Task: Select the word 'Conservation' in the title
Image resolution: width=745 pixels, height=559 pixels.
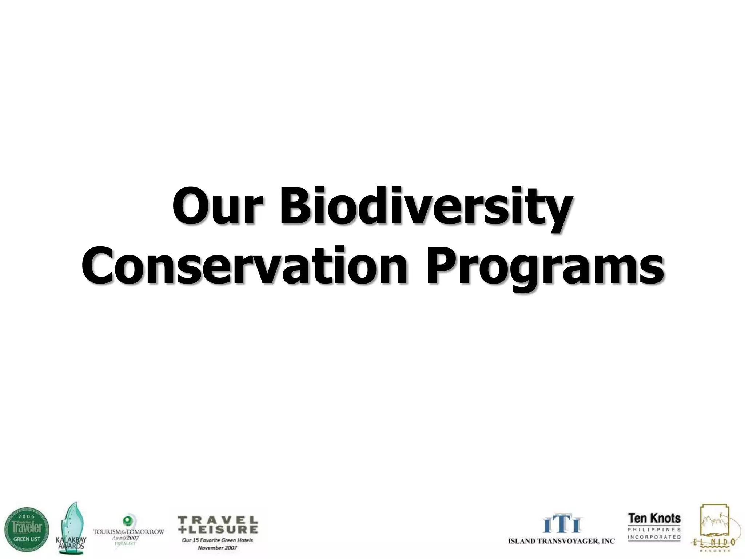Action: (244, 266)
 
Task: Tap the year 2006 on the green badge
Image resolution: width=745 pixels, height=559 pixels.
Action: (27, 516)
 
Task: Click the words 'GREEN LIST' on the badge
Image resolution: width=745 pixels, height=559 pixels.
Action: (27, 539)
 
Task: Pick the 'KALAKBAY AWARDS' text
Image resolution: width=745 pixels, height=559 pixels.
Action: (71, 543)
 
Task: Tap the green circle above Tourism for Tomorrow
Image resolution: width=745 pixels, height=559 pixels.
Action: (127, 519)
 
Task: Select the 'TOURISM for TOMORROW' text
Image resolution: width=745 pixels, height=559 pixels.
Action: (129, 532)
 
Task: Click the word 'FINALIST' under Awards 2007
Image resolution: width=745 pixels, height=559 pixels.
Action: (125, 543)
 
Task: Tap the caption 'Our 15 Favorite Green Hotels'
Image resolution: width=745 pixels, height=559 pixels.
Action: (217, 540)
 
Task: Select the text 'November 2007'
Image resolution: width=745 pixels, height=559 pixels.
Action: (217, 548)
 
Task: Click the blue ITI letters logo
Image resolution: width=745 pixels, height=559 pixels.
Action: (562, 524)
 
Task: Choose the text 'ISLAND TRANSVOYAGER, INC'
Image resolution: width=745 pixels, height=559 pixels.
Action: (561, 541)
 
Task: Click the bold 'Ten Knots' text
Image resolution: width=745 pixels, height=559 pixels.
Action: (654, 518)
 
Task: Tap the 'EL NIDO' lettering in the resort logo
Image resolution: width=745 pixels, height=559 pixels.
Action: (714, 542)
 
